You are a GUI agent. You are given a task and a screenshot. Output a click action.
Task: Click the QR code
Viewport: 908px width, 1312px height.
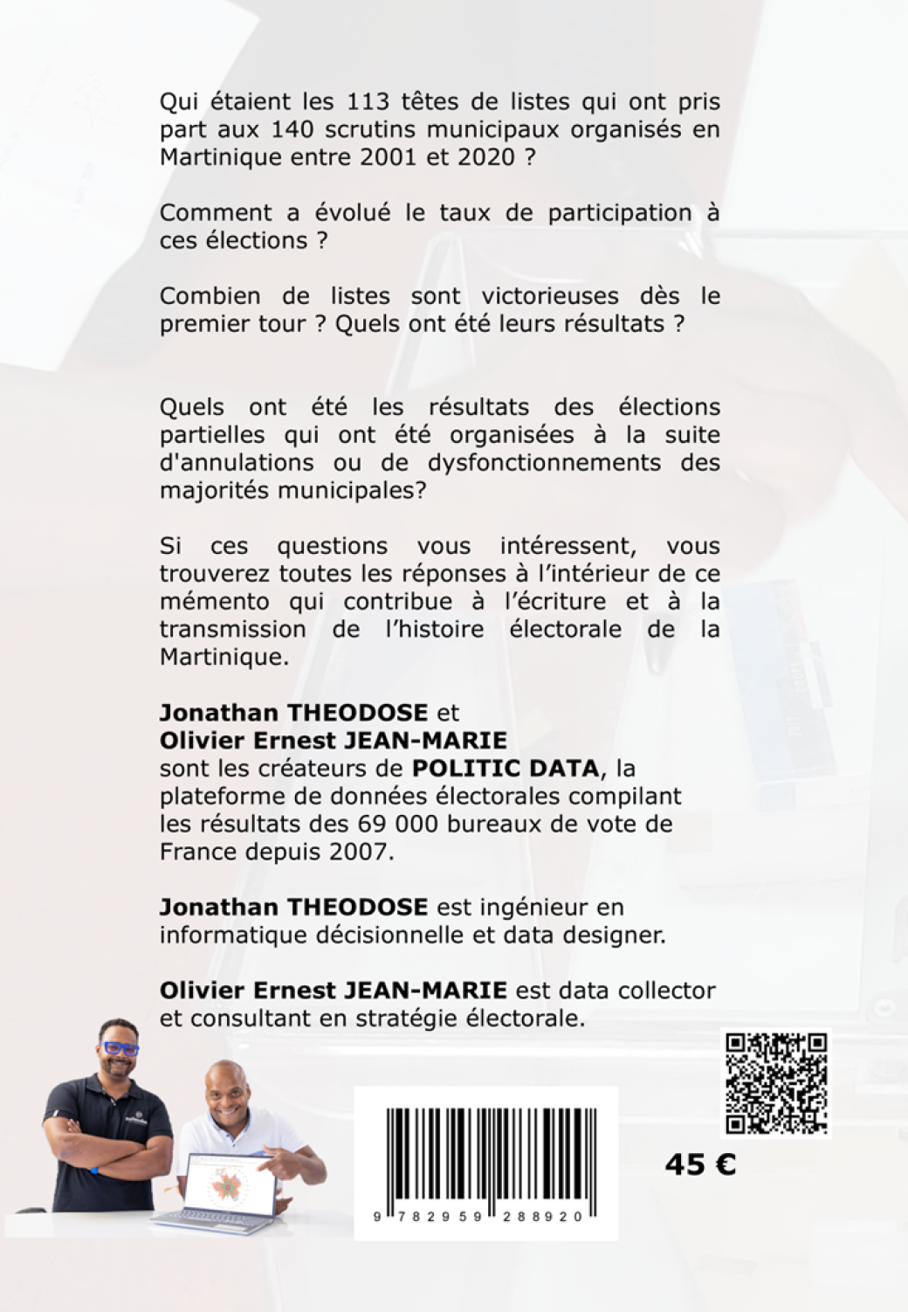(776, 1083)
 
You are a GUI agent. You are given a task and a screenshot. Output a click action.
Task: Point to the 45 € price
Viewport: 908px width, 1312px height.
(700, 1164)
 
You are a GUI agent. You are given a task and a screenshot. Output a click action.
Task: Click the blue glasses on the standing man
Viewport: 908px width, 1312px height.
(119, 1048)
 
